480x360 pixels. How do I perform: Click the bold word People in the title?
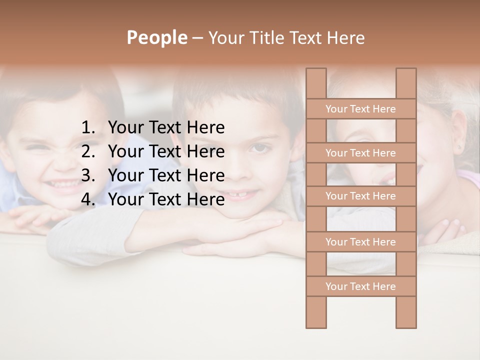pyautogui.click(x=156, y=37)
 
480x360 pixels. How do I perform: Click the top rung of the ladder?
pyautogui.click(x=360, y=109)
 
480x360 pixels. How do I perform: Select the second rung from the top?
pyautogui.click(x=360, y=153)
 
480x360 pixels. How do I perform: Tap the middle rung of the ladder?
pyautogui.click(x=360, y=196)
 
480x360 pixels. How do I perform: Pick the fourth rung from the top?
pyautogui.click(x=360, y=242)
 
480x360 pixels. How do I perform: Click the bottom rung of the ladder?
pyautogui.click(x=360, y=286)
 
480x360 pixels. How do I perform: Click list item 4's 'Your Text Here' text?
pyautogui.click(x=166, y=199)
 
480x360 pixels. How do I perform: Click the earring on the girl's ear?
pyautogui.click(x=459, y=148)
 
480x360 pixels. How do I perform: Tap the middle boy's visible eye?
pyautogui.click(x=258, y=148)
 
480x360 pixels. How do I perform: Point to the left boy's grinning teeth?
pyautogui.click(x=60, y=185)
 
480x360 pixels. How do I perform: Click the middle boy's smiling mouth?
pyautogui.click(x=248, y=192)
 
